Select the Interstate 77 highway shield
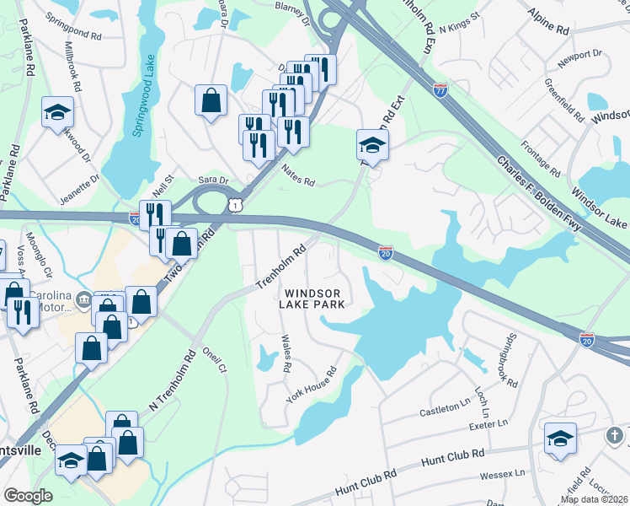[440, 89]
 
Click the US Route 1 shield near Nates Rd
[238, 205]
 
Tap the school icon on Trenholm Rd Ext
[372, 145]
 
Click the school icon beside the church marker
[560, 439]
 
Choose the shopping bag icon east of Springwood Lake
[211, 100]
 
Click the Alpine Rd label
[547, 23]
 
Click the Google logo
[28, 496]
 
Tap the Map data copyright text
[595, 499]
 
